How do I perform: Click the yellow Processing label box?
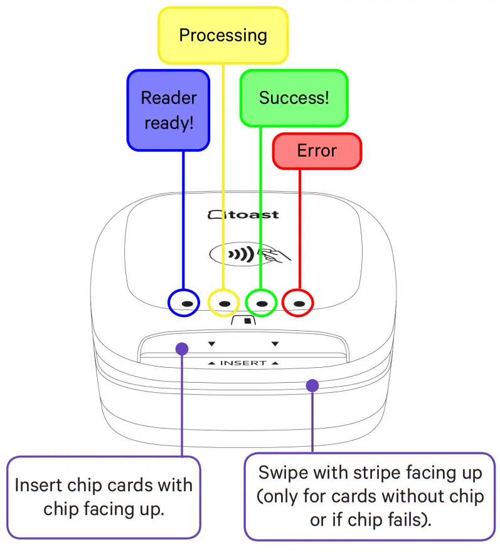223,35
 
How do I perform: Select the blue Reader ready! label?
168,110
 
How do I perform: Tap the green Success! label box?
294,98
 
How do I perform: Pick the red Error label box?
317,151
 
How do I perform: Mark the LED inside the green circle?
262,303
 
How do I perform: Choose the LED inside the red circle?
299,303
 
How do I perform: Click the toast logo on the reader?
243,214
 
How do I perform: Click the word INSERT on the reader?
243,363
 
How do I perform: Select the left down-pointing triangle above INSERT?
211,343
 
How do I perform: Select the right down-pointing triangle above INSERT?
274,343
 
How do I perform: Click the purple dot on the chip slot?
182,348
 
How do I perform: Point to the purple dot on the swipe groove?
312,385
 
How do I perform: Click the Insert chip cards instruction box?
104,497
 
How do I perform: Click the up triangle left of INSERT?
211,363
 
